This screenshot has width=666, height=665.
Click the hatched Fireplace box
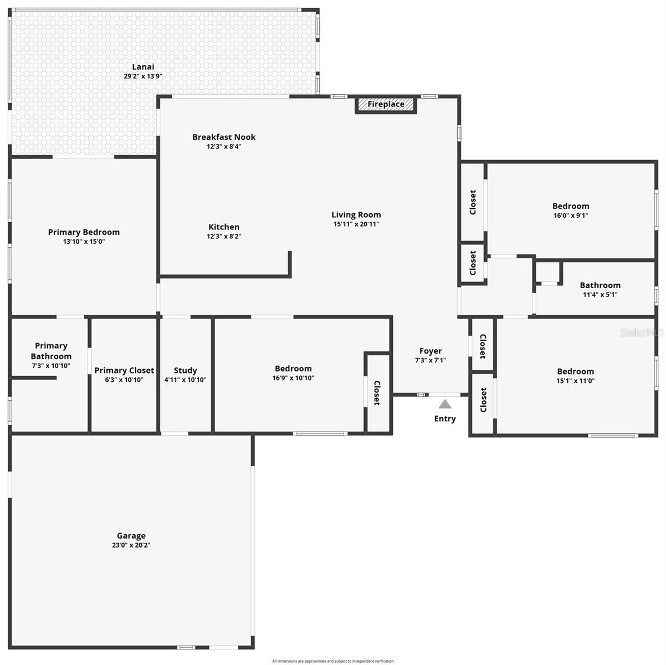[386, 104]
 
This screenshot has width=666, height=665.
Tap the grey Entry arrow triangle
[445, 405]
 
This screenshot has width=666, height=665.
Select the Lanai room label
[143, 67]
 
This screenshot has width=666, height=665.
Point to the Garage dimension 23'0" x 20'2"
[131, 545]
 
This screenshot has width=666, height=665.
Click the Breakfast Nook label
[224, 137]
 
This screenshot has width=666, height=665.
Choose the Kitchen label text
[224, 227]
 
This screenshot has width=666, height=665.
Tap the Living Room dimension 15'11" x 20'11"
[356, 224]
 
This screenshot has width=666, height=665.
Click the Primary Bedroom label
[84, 232]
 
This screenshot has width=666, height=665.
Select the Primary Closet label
[124, 370]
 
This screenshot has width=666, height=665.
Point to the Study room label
[185, 370]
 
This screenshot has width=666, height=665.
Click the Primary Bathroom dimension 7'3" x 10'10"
[51, 366]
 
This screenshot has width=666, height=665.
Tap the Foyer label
[431, 351]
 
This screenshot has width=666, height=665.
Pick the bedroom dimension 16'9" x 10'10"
[293, 378]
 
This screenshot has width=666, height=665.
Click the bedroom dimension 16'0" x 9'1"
[571, 216]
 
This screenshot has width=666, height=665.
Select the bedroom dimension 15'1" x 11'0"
[576, 381]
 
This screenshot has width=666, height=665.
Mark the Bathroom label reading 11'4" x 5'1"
[600, 285]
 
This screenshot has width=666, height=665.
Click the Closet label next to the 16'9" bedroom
[377, 393]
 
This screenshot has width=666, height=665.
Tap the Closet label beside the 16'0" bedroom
[473, 202]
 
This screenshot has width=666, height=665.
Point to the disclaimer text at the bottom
[333, 661]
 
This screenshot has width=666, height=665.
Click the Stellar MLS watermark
[642, 332]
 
